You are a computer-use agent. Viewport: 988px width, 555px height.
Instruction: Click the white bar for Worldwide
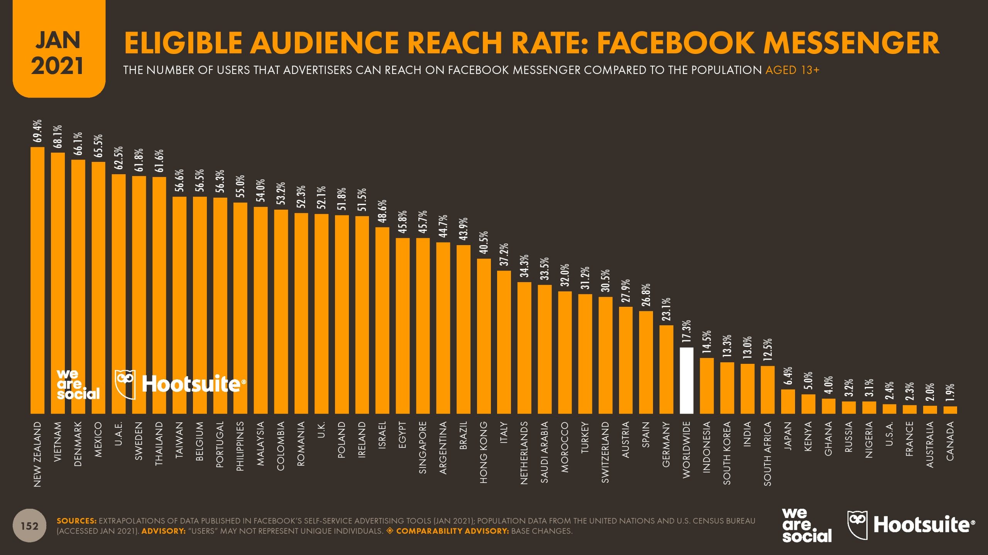click(x=686, y=381)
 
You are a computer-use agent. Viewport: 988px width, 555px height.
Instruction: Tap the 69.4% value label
click(x=37, y=131)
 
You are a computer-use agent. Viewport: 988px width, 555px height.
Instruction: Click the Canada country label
click(x=950, y=441)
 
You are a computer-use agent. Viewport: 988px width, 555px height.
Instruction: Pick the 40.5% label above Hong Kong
click(x=484, y=242)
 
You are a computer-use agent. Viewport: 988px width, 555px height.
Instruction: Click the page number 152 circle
click(x=29, y=526)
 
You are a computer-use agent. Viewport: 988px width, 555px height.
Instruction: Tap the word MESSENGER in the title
click(x=851, y=43)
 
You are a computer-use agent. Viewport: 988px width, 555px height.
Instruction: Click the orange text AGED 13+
click(x=792, y=70)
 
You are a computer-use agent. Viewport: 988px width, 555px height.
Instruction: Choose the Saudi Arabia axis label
click(x=544, y=452)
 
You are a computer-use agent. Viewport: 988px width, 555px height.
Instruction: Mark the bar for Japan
click(x=788, y=401)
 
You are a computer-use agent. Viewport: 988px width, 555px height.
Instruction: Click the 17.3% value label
click(x=687, y=331)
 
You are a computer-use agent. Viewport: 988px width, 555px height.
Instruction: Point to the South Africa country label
click(x=767, y=454)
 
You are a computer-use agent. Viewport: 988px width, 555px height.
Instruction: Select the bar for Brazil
click(x=463, y=329)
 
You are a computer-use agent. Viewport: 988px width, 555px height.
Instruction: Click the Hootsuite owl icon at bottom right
click(x=857, y=525)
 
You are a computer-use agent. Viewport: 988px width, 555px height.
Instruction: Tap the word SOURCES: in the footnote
click(x=76, y=521)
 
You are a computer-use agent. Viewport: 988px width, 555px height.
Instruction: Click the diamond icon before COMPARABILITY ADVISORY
click(x=390, y=531)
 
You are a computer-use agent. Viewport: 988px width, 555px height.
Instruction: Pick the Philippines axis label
click(x=240, y=446)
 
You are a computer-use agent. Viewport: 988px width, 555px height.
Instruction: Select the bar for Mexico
click(x=98, y=288)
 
